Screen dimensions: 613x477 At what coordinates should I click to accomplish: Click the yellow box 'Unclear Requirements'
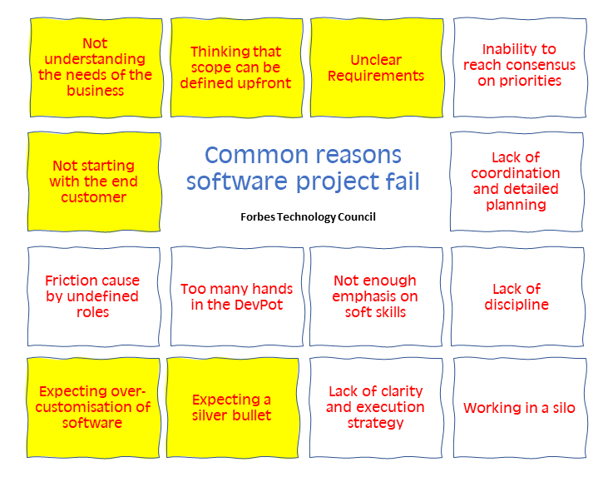tap(377, 67)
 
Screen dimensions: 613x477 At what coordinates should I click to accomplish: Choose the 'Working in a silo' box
tap(520, 408)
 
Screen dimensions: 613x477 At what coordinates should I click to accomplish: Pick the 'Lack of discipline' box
tap(517, 296)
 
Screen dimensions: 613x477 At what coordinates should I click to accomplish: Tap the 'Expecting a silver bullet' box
tap(233, 408)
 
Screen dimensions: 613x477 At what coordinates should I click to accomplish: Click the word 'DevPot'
tap(258, 305)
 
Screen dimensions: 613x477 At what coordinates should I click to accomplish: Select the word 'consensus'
tap(546, 65)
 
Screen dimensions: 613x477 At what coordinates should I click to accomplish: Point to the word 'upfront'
tap(264, 84)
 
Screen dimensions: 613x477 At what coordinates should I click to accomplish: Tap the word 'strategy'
tap(375, 424)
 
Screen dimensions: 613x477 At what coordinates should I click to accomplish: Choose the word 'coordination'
tap(515, 173)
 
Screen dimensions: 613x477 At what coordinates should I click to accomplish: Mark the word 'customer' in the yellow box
tap(93, 197)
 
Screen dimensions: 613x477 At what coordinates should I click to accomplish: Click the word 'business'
tap(95, 91)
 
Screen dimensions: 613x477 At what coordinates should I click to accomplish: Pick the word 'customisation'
tap(84, 407)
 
